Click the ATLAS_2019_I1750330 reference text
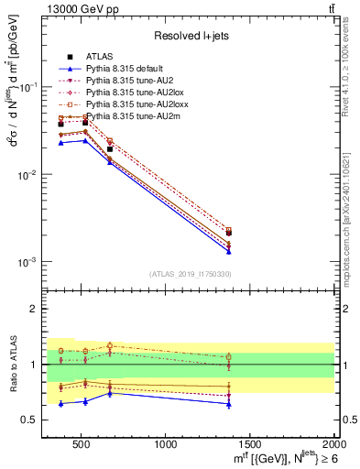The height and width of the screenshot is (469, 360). pyautogui.click(x=191, y=274)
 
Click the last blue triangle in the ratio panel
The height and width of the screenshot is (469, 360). pyautogui.click(x=228, y=404)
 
